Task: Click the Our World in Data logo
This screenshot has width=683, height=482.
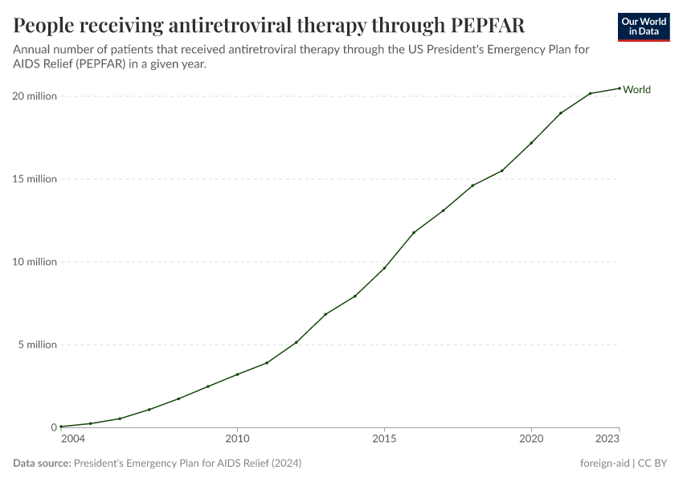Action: (644, 27)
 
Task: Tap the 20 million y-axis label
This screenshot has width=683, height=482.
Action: (35, 96)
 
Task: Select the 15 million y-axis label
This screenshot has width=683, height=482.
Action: (35, 179)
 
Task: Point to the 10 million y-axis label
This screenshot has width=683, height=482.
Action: (35, 262)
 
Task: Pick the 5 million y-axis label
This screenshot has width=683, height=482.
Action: (37, 345)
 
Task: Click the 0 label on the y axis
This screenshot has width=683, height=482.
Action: (53, 427)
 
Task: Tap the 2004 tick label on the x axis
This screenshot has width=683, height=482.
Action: (72, 439)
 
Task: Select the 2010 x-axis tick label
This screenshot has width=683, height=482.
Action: (237, 439)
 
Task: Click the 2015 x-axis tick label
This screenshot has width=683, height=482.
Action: (384, 439)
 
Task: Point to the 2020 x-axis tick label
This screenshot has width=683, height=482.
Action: (531, 439)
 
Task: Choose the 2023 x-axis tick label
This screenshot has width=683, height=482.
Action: (608, 439)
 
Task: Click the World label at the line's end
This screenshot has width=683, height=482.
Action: (636, 89)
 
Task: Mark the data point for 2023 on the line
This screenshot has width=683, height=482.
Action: (620, 88)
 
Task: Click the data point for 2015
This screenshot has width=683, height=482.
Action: (384, 268)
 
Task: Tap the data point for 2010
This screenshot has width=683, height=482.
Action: (237, 374)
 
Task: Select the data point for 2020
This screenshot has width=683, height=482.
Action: (531, 143)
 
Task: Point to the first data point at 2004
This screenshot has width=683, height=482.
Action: (61, 427)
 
